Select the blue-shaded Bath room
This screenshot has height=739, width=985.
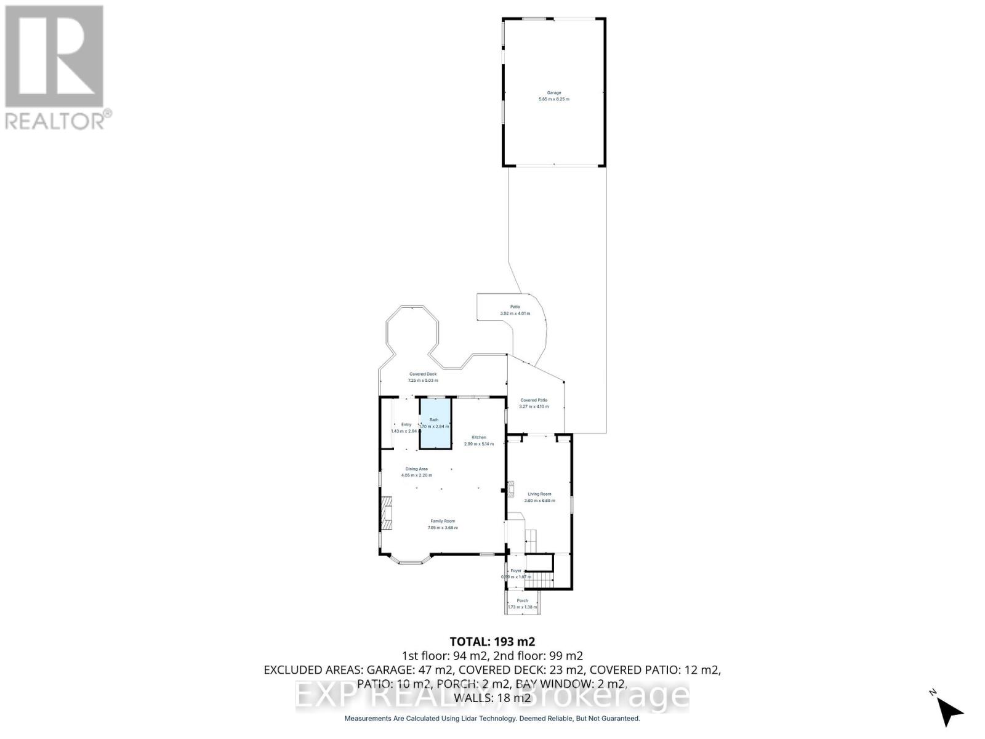[x=435, y=424]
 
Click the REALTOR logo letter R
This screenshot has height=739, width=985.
[x=54, y=57]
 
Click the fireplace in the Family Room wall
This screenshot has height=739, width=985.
[x=386, y=513]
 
